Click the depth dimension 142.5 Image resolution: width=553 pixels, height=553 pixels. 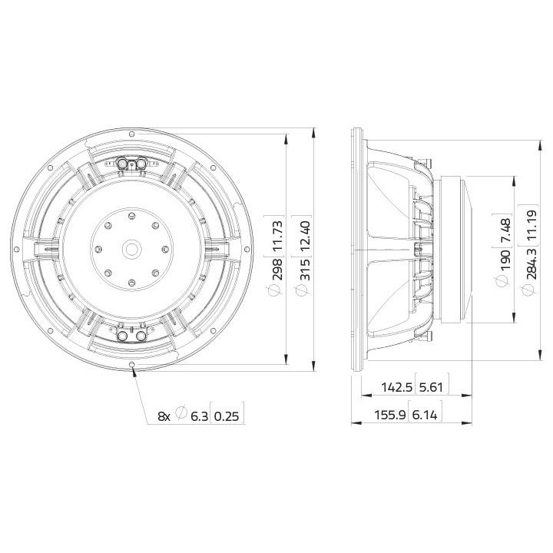394,387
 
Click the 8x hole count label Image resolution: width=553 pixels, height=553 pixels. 164,416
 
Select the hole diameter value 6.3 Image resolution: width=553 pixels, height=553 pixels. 198,416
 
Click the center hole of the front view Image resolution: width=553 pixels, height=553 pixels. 131,249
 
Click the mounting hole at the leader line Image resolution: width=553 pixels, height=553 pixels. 133,364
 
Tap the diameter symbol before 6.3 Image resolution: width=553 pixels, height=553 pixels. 182,416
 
